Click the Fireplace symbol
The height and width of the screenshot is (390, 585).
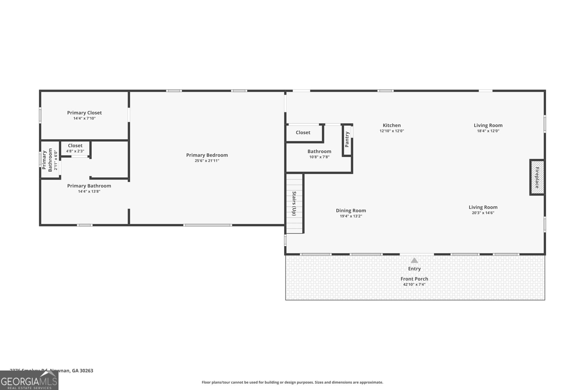tap(537, 177)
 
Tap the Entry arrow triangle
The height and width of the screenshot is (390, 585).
tap(414, 261)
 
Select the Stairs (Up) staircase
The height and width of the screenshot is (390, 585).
tap(294, 204)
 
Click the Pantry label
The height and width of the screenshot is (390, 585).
tap(347, 139)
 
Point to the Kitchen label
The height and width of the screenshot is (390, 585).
tap(392, 125)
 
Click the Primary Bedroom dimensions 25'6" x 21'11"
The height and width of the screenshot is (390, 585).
tap(207, 160)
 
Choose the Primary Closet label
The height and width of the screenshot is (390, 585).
tap(84, 113)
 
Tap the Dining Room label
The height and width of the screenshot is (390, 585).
tap(351, 211)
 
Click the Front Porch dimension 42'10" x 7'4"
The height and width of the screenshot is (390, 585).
tap(414, 284)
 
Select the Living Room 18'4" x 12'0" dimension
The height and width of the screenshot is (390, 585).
tap(488, 131)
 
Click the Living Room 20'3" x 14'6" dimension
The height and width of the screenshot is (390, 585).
tap(483, 213)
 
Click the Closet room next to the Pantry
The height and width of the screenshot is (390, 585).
tap(303, 133)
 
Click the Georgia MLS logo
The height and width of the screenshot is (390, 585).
tap(29, 380)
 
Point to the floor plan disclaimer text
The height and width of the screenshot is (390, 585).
tap(292, 382)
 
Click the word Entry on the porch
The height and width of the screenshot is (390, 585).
tap(414, 269)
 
